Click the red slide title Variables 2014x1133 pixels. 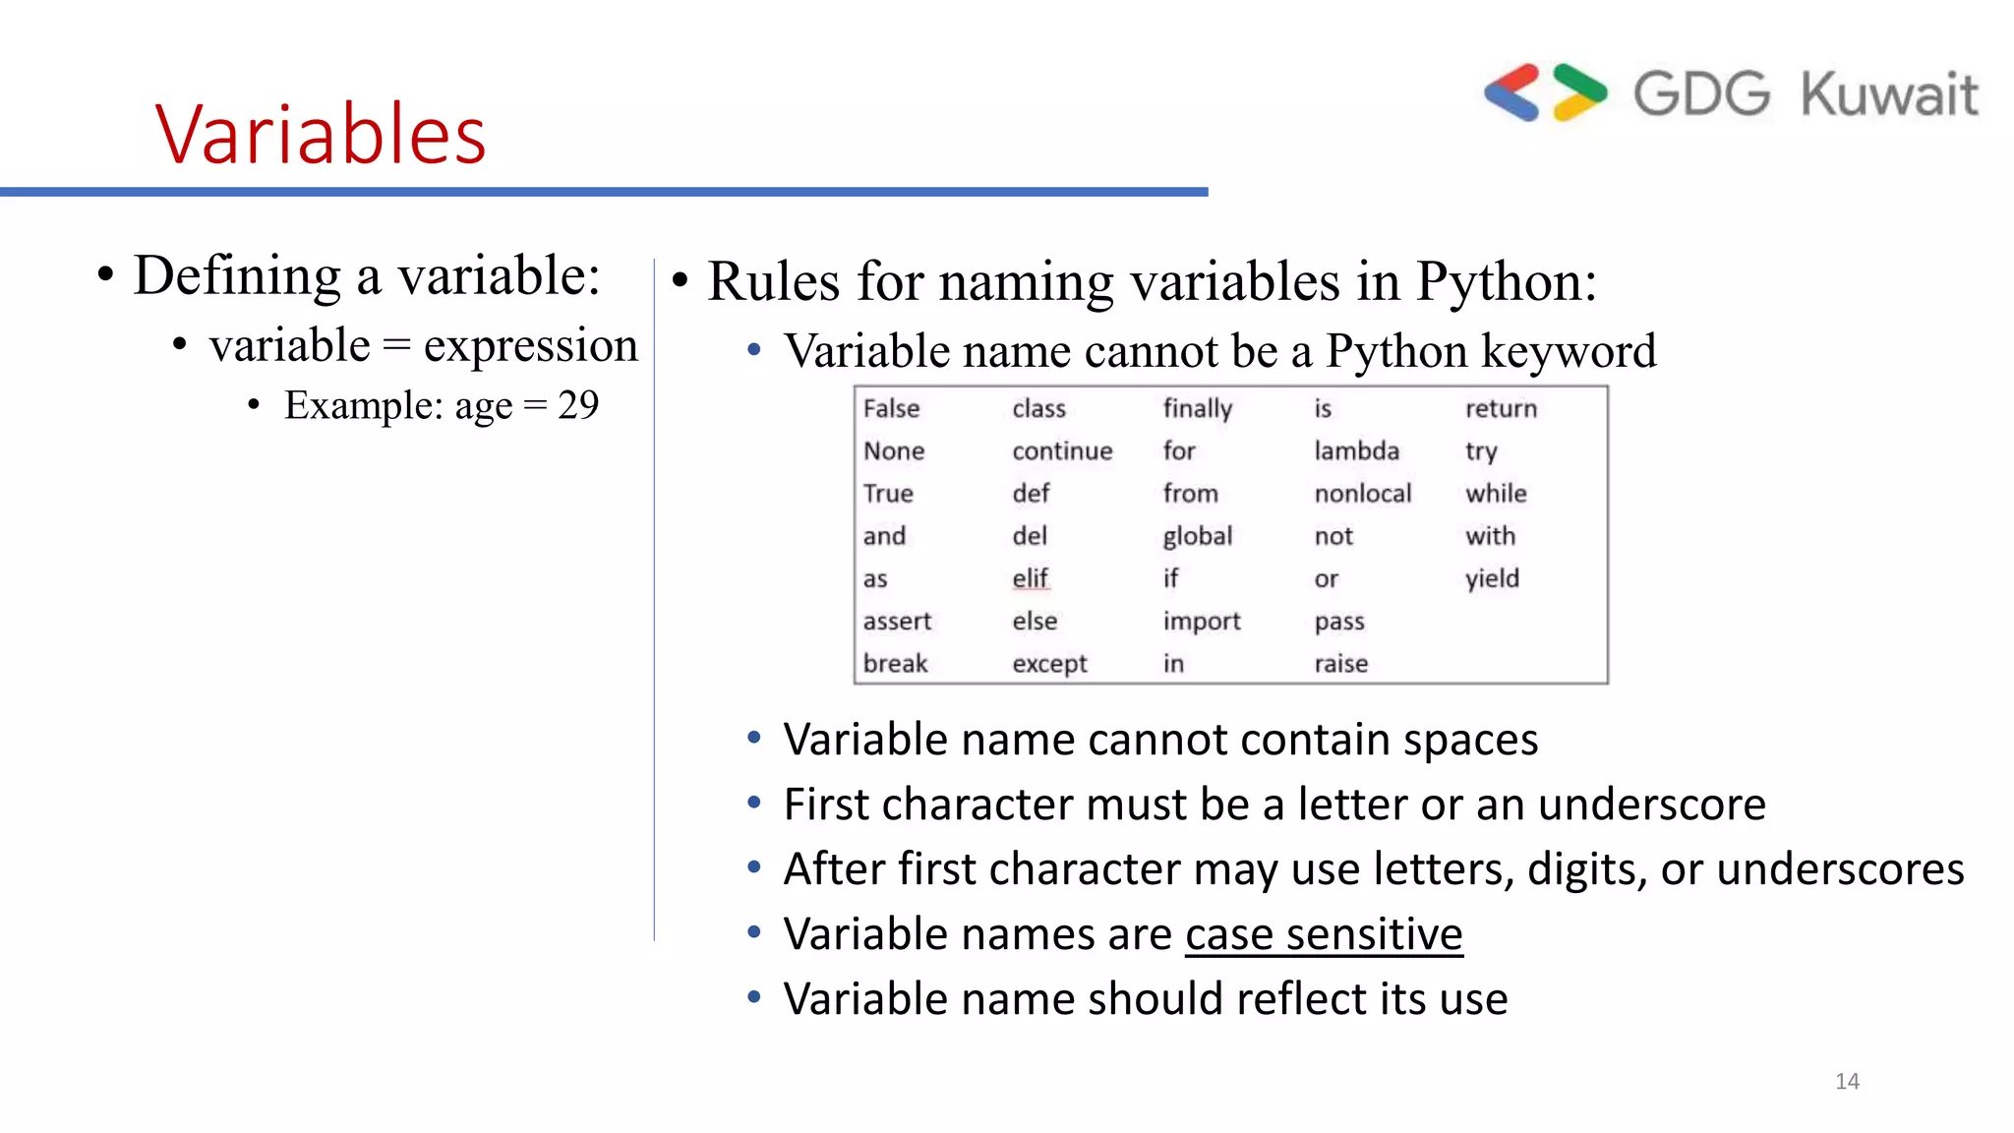(x=321, y=134)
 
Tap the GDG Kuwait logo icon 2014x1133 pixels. (x=1545, y=93)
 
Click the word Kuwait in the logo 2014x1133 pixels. (x=1889, y=94)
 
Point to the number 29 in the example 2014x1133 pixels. (x=578, y=405)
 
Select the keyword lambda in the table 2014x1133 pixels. (x=1356, y=451)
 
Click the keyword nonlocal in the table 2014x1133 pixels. (x=1362, y=494)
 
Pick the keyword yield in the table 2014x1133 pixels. (x=1492, y=578)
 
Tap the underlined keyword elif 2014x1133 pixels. (x=1031, y=578)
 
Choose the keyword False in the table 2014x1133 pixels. (x=891, y=409)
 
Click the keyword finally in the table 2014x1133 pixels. (x=1197, y=409)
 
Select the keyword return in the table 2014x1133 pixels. (x=1501, y=409)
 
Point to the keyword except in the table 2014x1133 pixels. (x=1049, y=664)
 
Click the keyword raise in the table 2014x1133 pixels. (x=1341, y=664)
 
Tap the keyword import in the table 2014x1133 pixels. (x=1202, y=622)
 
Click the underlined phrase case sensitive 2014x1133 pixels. (x=1324, y=934)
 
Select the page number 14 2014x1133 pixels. (x=1847, y=1082)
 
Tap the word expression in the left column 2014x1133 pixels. (x=530, y=346)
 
